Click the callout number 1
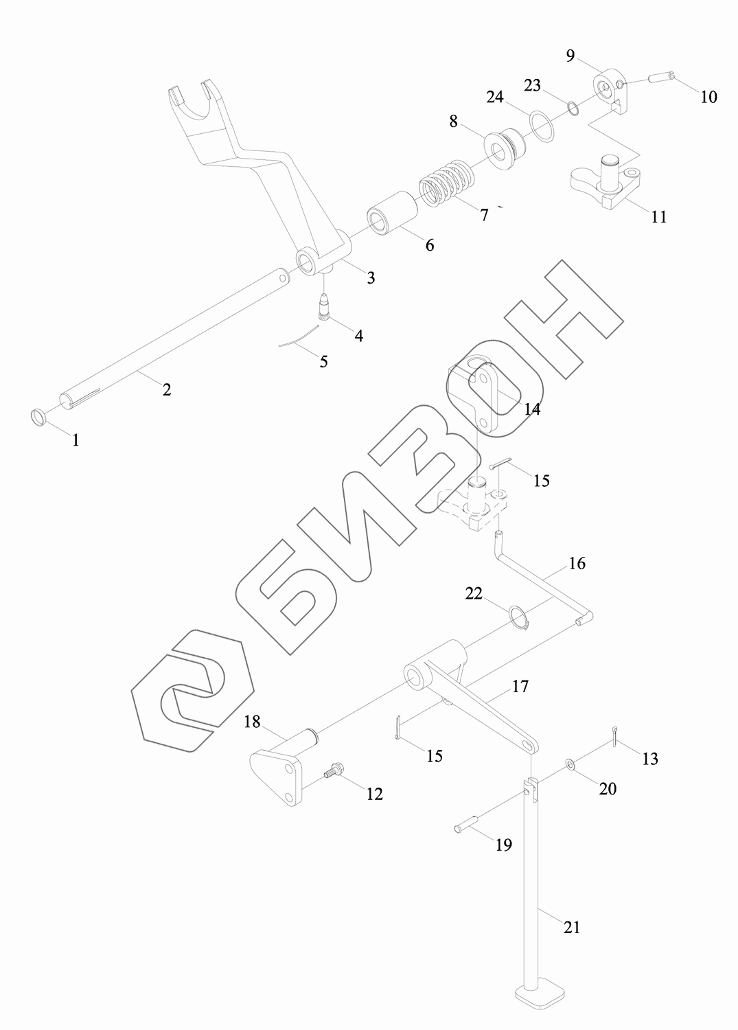pos(76,440)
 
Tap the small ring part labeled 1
pos(40,416)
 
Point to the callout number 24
pos(495,97)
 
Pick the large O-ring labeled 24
pos(542,126)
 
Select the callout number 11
pos(658,217)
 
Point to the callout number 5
pos(324,361)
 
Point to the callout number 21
pos(572,927)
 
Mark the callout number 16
pos(577,564)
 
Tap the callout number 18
pos(252,722)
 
